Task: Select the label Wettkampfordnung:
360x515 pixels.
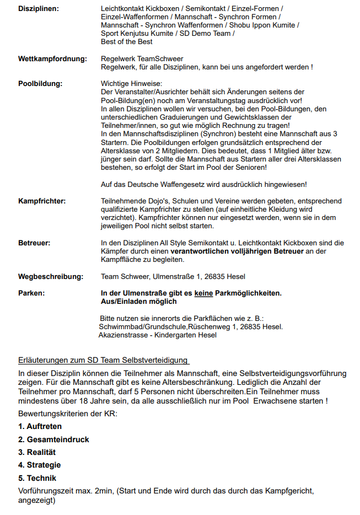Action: pyautogui.click(x=52, y=58)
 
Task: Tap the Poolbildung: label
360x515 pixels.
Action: pyautogui.click(x=40, y=83)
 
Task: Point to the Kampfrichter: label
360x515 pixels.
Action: pyautogui.click(x=42, y=201)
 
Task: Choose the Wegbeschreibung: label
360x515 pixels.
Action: pyautogui.click(x=51, y=276)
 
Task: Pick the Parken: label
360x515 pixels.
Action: pyautogui.click(x=31, y=293)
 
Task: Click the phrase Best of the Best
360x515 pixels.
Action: pyautogui.click(x=127, y=41)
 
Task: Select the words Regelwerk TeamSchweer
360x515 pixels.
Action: pyautogui.click(x=142, y=58)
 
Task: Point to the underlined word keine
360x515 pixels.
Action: pyautogui.click(x=203, y=293)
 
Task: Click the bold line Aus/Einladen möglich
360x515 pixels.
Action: pyautogui.click(x=139, y=302)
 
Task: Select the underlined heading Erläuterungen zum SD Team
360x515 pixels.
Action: pyautogui.click(x=103, y=361)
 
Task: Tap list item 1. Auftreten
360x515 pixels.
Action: pyautogui.click(x=40, y=426)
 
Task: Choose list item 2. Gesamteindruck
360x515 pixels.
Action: pyautogui.click(x=53, y=439)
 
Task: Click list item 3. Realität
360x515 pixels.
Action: pyautogui.click(x=37, y=452)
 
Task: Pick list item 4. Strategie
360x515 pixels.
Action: pyautogui.click(x=40, y=465)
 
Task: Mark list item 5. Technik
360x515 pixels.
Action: pyautogui.click(x=37, y=478)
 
